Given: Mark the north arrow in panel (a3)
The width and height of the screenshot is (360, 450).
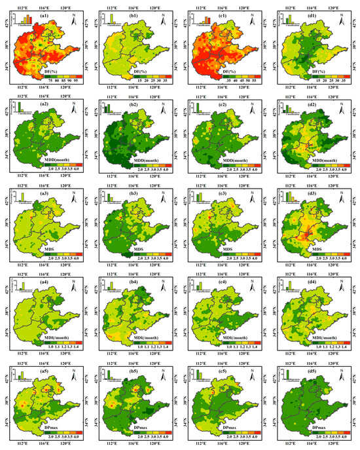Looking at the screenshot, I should click(x=76, y=195).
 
